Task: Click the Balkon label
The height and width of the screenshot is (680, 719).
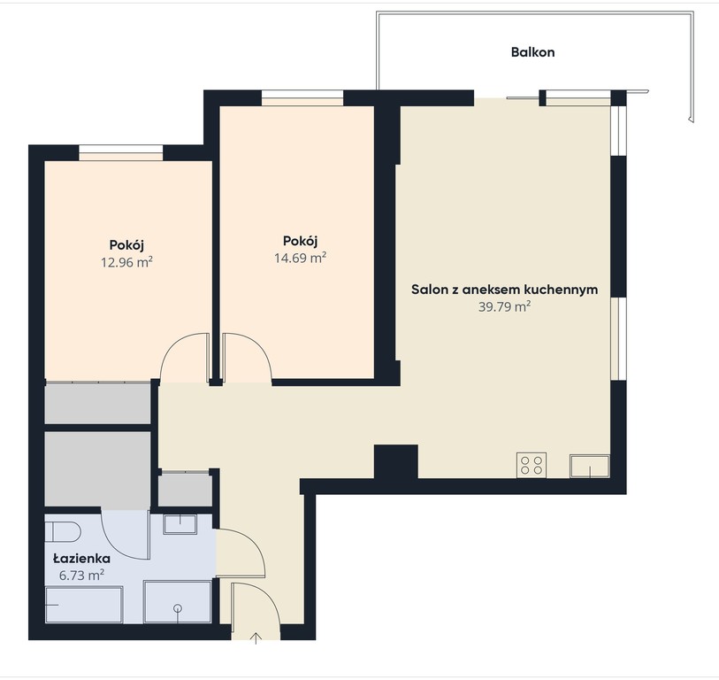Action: tap(532, 52)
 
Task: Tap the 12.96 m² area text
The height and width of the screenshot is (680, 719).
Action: tap(126, 263)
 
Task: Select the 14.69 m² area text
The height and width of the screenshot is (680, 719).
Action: tap(301, 258)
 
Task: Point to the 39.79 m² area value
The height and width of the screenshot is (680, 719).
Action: tap(504, 306)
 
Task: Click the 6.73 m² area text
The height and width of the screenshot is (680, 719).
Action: tap(81, 575)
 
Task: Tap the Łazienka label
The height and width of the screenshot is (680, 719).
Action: tap(81, 559)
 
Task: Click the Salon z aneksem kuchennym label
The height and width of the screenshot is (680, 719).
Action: tap(504, 290)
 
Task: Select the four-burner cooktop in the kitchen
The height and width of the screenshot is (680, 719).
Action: tap(532, 465)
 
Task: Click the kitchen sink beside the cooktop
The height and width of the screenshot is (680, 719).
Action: tap(590, 467)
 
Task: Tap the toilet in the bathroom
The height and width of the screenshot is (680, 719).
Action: tap(63, 532)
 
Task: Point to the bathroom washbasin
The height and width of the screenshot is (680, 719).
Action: tap(180, 524)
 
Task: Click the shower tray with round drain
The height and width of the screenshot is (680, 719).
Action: tap(178, 601)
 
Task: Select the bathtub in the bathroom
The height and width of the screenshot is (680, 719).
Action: tap(84, 605)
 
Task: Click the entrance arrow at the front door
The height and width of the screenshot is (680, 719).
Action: tap(256, 638)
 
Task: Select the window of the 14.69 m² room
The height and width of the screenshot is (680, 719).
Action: tap(302, 97)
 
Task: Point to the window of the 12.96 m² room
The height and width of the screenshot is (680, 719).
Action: tap(121, 152)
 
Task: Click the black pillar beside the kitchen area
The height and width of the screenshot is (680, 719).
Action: tap(396, 462)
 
